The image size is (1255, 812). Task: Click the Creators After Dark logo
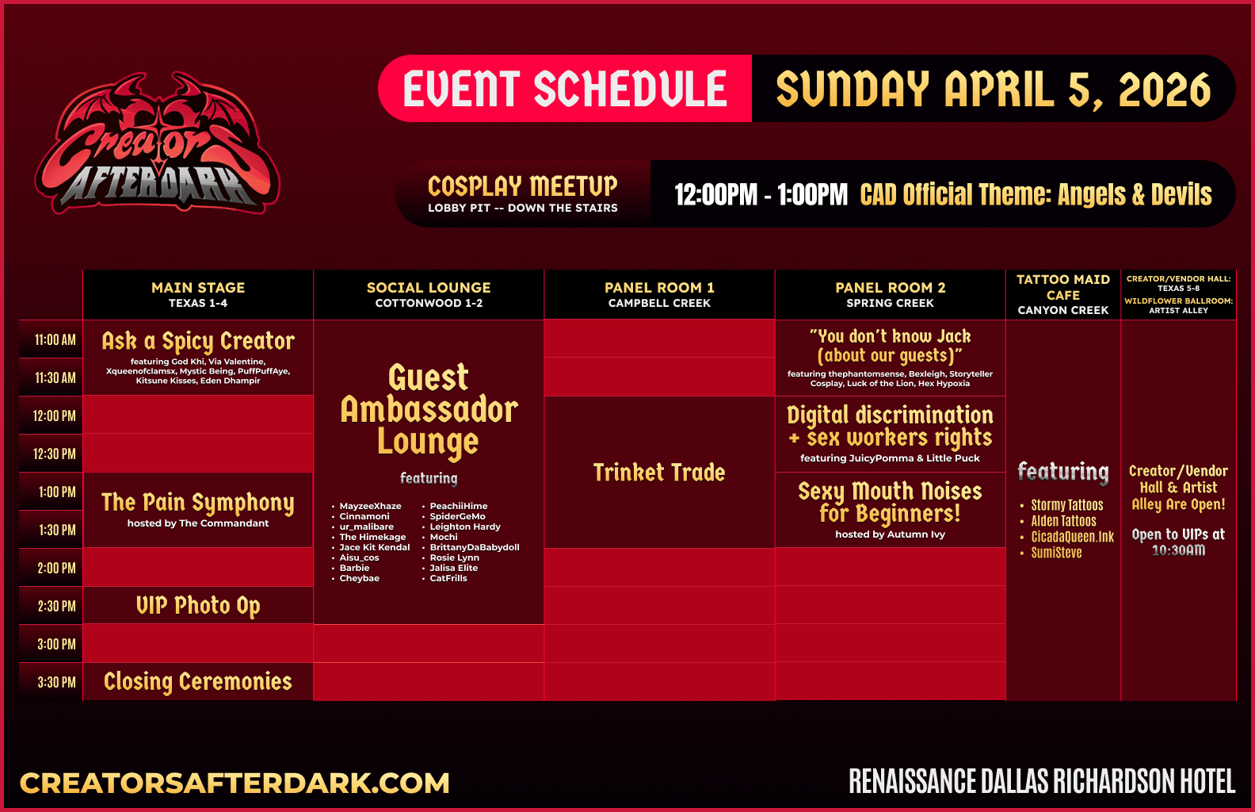[x=157, y=143]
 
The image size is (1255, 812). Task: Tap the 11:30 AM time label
[x=55, y=378]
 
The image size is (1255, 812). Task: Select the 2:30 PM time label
[x=56, y=606]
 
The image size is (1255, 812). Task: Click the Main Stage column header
[x=198, y=295]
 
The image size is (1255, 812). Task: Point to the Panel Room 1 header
[x=659, y=295]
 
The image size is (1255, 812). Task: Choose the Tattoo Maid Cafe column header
[x=1062, y=294]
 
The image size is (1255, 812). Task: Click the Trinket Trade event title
[x=659, y=473]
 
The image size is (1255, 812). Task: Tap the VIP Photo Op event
[x=198, y=606]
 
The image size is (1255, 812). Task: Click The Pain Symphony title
[x=198, y=503]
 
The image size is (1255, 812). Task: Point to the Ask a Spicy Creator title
[x=198, y=342]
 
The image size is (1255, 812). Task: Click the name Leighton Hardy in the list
[x=465, y=527]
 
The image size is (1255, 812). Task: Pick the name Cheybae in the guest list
[x=359, y=579]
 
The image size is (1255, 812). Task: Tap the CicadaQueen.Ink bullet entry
[x=1072, y=537]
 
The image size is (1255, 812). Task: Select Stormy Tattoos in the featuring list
[x=1066, y=505]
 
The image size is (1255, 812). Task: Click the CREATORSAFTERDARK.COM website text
[x=235, y=783]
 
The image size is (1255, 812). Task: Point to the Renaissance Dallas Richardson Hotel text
[x=1042, y=782]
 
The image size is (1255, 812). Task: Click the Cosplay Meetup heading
[x=523, y=186]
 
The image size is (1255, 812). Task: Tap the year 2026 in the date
[x=1165, y=90]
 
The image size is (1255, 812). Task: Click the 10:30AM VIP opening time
[x=1178, y=550]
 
